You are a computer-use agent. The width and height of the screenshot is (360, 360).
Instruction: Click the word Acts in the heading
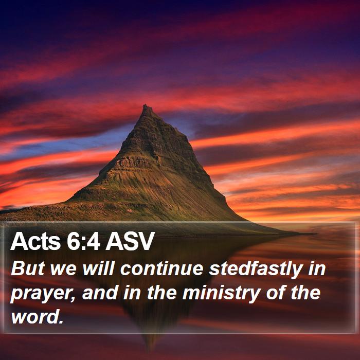click(35, 241)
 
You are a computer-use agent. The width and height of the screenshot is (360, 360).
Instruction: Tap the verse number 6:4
click(83, 241)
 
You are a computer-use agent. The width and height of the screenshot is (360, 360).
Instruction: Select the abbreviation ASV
click(130, 241)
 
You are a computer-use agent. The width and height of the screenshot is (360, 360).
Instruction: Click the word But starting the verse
click(28, 268)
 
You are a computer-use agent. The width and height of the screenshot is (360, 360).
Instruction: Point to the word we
click(64, 269)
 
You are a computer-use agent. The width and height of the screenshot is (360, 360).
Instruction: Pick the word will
click(99, 268)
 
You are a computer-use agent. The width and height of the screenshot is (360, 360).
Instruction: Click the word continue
click(162, 268)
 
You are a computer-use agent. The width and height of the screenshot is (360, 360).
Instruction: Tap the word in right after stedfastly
click(317, 268)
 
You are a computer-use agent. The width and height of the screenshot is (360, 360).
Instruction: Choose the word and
click(100, 292)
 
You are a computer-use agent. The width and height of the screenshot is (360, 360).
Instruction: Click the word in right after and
click(132, 293)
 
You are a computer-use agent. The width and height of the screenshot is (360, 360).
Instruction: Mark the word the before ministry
click(162, 292)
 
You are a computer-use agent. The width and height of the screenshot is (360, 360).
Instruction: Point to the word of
click(276, 292)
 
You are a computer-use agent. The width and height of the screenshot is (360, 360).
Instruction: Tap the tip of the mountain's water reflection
click(151, 349)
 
